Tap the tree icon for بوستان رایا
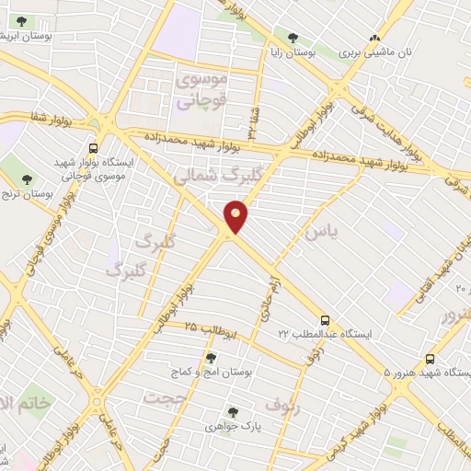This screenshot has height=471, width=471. tap(293, 38)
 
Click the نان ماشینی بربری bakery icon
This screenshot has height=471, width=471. tap(374, 38)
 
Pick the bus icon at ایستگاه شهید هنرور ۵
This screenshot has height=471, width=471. tap(430, 360)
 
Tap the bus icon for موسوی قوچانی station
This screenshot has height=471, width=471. tap(94, 147)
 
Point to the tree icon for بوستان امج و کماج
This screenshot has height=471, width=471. tap(211, 358)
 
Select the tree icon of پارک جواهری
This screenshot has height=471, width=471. tap(233, 413)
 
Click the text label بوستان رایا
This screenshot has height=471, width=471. tap(292, 53)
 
